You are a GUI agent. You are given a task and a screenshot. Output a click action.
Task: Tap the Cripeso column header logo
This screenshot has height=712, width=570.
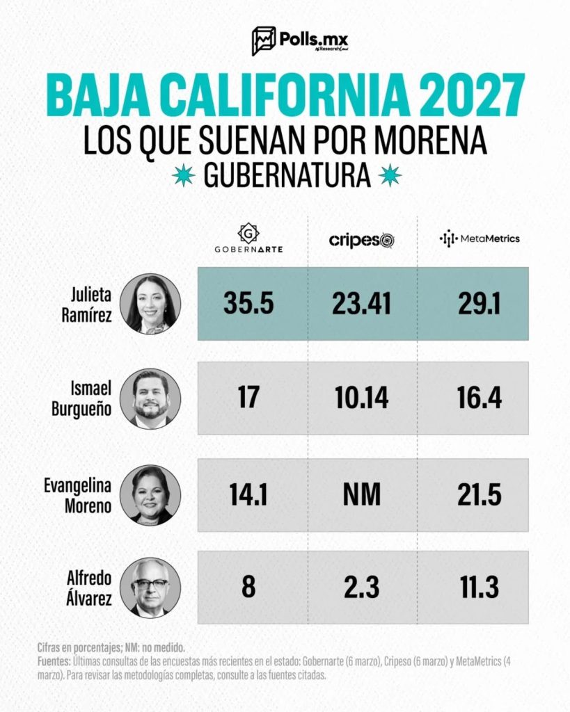click(361, 240)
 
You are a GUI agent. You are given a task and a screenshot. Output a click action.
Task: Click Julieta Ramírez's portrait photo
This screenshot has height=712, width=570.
click(150, 304)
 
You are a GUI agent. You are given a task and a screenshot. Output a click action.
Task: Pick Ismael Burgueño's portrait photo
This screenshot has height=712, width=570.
click(150, 398)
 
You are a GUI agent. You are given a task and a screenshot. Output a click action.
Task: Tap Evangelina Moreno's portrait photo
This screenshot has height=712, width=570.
click(150, 494)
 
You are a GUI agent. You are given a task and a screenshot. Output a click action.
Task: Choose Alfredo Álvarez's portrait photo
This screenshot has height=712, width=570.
click(150, 588)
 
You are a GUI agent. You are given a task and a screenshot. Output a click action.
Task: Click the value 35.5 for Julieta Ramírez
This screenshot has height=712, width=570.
click(248, 303)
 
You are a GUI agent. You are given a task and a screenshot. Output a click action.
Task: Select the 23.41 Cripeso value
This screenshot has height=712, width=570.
click(361, 303)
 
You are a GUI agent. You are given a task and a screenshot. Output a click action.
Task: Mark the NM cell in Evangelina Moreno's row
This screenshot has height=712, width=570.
click(361, 494)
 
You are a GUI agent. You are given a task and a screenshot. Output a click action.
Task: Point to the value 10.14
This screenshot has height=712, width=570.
click(361, 398)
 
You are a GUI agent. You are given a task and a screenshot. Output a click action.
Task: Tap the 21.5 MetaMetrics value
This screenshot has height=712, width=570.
click(480, 494)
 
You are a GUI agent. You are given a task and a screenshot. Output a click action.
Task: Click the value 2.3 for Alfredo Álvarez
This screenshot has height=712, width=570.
click(361, 588)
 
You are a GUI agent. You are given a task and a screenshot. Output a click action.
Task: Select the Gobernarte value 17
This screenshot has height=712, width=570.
click(248, 398)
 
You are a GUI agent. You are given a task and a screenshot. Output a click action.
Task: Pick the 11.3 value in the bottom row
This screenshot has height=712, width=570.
click(480, 588)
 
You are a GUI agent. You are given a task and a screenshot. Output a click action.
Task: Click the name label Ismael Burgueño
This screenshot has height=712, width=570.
click(81, 399)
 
